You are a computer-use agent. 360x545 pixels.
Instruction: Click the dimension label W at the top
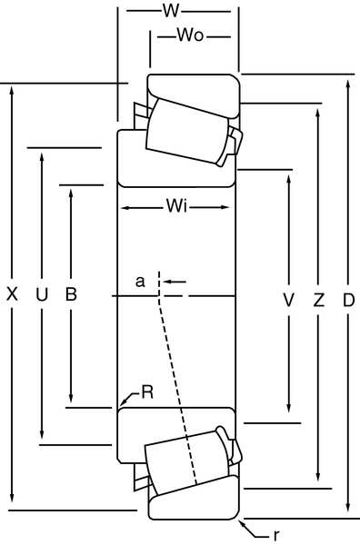[x=168, y=12]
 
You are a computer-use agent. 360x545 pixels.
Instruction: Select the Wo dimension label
[x=189, y=36]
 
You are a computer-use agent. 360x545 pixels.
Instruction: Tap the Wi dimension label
[x=176, y=207]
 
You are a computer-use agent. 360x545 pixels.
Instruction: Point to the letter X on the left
[x=12, y=294]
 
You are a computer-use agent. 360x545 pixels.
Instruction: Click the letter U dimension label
[x=41, y=294]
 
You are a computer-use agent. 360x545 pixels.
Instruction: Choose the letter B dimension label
[x=70, y=294]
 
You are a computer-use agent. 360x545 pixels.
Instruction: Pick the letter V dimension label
[x=288, y=299]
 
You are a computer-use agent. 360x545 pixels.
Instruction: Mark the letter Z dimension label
[x=318, y=299]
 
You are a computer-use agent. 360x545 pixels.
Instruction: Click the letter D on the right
[x=347, y=299]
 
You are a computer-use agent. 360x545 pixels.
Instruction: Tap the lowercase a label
[x=140, y=282]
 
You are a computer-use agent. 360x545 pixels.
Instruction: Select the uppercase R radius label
[x=147, y=392]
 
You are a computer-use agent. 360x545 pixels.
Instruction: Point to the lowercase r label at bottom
[x=276, y=534]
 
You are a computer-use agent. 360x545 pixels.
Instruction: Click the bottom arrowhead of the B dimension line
[x=70, y=400]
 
